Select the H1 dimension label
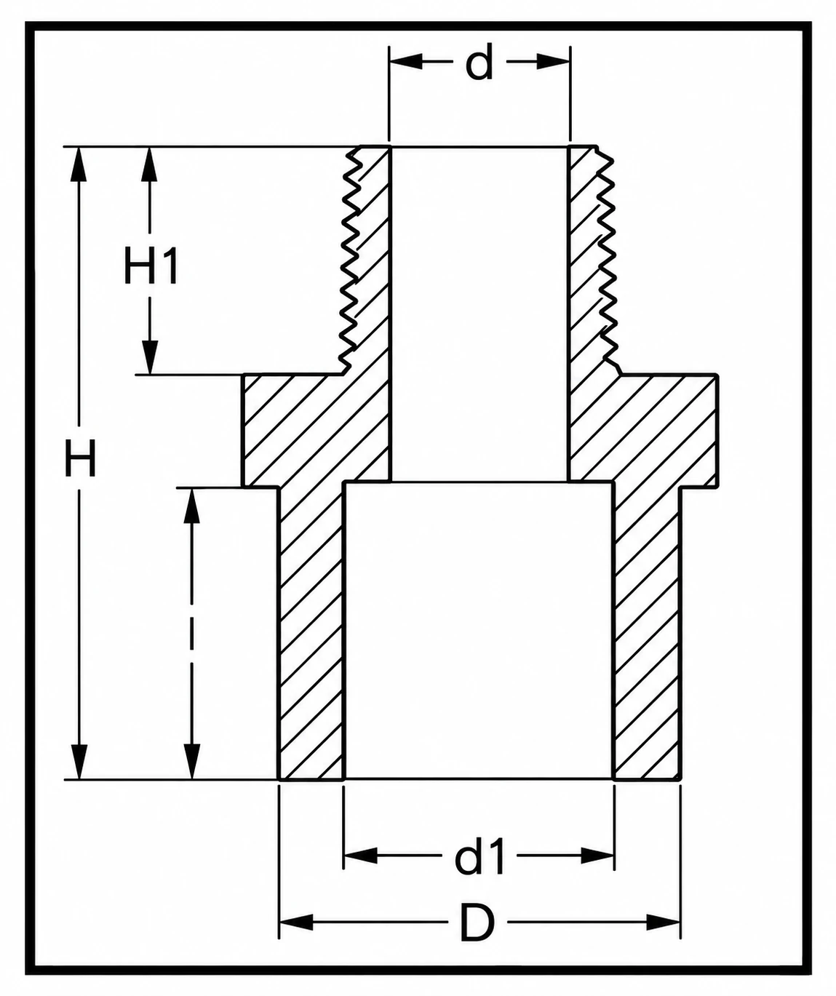151,267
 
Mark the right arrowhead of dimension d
554,62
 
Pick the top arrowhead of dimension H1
151,164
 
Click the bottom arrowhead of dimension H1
151,357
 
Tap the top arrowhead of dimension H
79,164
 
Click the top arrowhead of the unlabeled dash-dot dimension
191,505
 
